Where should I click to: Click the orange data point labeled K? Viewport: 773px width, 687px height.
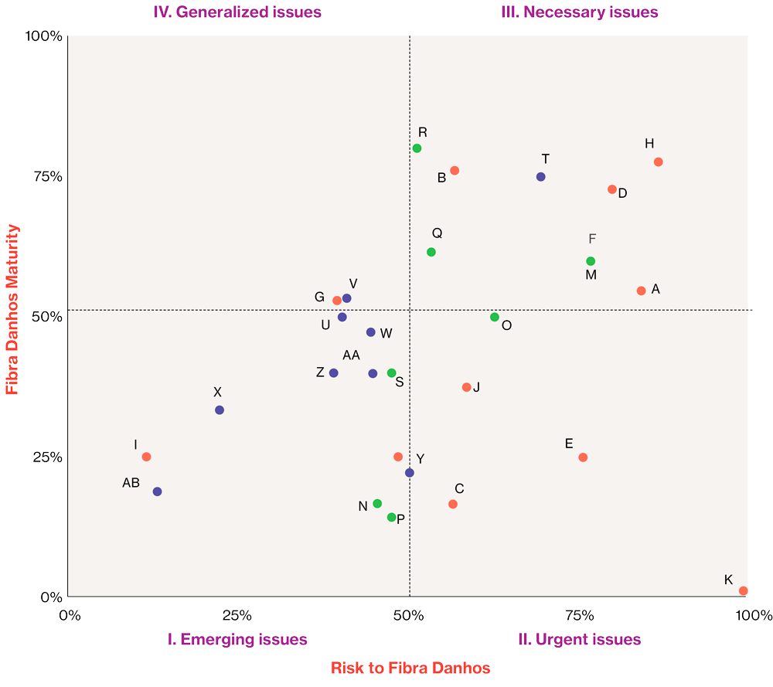743,590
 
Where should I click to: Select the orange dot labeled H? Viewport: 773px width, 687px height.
658,162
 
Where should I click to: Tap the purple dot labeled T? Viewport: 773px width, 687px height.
540,177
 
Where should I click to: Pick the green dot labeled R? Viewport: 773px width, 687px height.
417,148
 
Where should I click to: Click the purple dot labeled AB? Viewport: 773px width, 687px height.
157,491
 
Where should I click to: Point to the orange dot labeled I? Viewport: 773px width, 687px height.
146,457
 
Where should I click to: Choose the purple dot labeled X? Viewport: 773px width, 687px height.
220,410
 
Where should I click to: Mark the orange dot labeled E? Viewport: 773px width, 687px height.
583,457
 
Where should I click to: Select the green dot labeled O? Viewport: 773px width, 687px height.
495,317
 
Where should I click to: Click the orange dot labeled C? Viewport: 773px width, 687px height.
453,504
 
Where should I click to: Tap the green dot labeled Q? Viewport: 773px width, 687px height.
431,252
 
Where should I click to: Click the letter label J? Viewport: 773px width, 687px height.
476,386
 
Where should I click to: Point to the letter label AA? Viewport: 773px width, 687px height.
352,355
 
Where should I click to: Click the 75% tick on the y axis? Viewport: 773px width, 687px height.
46,176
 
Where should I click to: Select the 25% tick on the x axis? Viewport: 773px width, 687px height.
237,615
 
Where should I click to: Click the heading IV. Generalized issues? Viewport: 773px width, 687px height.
237,12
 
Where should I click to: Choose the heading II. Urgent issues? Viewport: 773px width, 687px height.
579,639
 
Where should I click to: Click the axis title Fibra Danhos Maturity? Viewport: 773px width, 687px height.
12,309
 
